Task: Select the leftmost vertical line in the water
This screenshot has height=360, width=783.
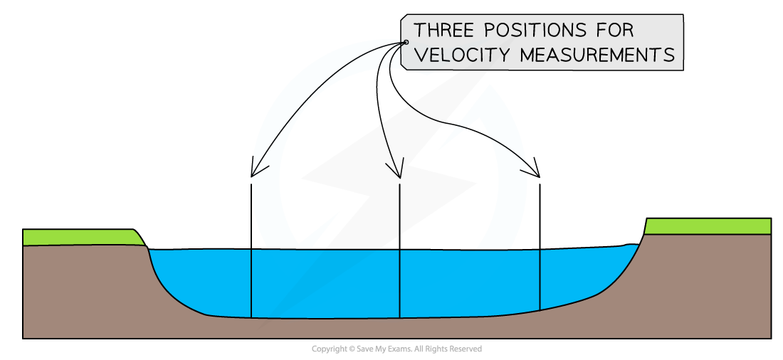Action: [x=251, y=283]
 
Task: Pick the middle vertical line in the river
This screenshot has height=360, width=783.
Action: [x=400, y=284]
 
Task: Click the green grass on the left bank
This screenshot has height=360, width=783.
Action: [x=78, y=238]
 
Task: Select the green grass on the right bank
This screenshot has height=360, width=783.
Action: [x=708, y=226]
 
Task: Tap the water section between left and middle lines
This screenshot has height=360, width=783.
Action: [x=325, y=283]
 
